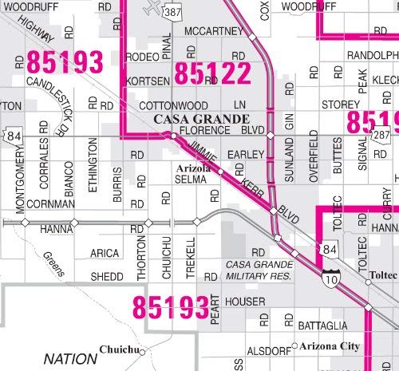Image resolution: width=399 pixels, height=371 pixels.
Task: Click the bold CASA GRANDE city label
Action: pos(192,119)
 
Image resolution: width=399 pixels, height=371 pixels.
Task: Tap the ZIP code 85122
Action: pos(212,74)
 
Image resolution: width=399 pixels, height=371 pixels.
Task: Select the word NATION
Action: pos(69,358)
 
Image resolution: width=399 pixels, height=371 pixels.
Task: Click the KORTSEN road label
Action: pos(148,81)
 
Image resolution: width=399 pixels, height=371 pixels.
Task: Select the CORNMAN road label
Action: pos(50,204)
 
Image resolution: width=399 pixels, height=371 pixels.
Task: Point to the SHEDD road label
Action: pos(107,277)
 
